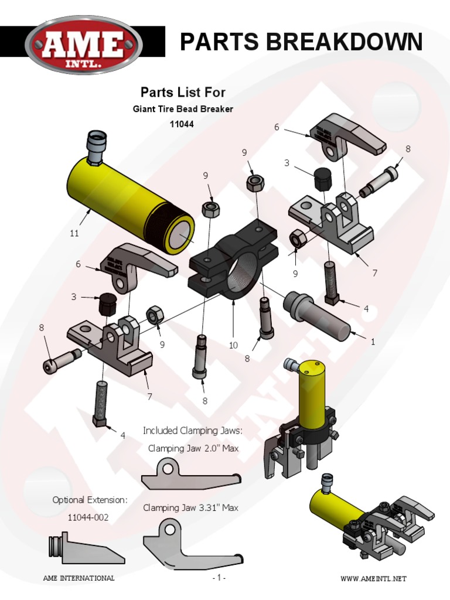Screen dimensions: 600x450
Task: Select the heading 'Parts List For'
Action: click(183, 92)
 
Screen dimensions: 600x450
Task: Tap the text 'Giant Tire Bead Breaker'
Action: click(183, 110)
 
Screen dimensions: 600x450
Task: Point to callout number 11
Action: click(74, 233)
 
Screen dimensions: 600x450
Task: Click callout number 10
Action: click(233, 345)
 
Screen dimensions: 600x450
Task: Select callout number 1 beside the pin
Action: click(373, 342)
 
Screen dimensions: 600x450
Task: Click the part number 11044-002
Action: click(88, 518)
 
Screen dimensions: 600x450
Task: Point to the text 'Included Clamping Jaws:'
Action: click(192, 431)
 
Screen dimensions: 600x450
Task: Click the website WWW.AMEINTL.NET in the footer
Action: click(373, 579)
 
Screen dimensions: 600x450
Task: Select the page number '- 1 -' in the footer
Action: click(219, 578)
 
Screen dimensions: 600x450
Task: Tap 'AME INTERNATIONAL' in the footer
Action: click(79, 578)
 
